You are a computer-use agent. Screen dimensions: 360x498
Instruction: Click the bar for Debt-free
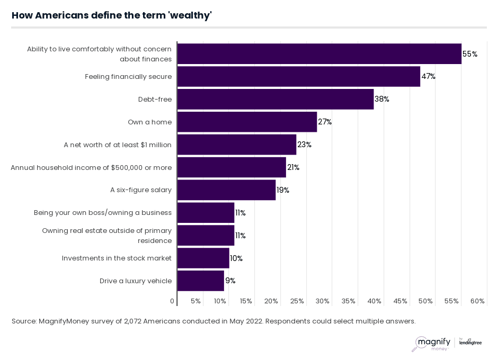point(275,99)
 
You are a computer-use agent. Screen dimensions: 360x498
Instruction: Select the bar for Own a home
point(247,122)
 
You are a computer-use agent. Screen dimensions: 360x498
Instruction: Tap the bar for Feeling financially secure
point(298,76)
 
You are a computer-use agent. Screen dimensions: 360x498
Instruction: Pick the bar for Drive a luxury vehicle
point(201,281)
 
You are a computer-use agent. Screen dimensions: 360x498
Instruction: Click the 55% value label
point(470,54)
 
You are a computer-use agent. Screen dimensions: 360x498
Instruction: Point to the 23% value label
point(305,145)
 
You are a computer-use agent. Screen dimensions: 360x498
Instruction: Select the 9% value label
point(230,281)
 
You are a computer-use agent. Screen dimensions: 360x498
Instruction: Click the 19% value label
point(283,190)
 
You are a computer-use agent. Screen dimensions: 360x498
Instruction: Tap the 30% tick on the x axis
point(323,301)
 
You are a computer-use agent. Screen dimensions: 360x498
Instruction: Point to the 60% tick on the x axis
point(477,301)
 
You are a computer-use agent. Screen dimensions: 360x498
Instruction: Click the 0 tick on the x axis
point(172,301)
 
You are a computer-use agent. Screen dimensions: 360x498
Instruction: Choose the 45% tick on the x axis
point(400,301)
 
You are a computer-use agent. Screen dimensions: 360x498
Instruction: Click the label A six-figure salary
point(141,190)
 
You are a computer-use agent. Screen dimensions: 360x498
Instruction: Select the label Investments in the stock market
point(117,258)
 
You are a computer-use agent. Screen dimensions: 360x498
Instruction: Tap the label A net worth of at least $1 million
point(118,145)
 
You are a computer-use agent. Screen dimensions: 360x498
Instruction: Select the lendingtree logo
point(470,342)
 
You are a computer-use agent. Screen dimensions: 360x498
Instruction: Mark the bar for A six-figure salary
point(226,190)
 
